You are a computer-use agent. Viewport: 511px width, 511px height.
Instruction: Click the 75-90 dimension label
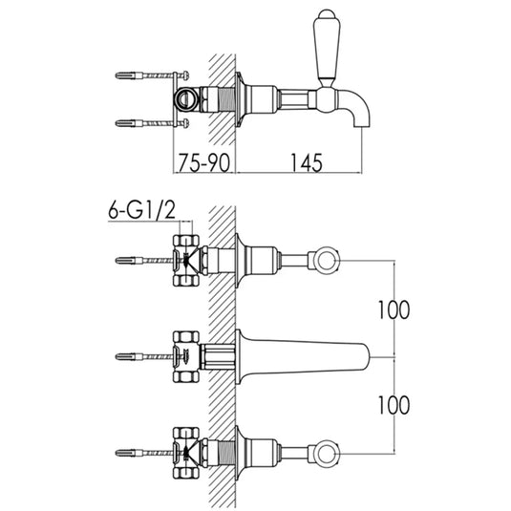(x=204, y=162)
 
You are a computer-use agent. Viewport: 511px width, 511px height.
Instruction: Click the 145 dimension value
(x=307, y=162)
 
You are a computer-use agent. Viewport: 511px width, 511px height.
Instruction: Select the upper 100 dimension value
(x=394, y=309)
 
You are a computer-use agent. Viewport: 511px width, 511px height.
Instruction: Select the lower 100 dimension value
(x=394, y=405)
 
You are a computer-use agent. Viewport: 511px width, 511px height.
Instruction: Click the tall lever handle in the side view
(x=327, y=49)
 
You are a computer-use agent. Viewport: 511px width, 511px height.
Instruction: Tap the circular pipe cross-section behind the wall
(x=185, y=99)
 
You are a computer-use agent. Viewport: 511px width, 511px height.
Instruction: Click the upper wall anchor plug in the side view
(x=129, y=75)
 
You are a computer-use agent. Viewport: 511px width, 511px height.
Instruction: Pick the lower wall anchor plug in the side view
(x=129, y=123)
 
